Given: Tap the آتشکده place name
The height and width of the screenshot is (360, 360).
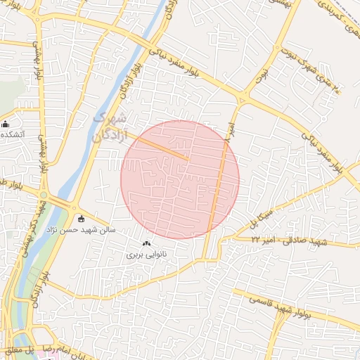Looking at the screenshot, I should pos(14,134).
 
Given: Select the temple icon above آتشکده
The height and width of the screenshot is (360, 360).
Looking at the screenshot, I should pos(6,124).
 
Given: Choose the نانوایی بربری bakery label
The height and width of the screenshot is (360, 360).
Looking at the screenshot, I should pos(145,254).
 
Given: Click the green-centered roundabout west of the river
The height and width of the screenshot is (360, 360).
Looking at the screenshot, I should pos(44,195).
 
